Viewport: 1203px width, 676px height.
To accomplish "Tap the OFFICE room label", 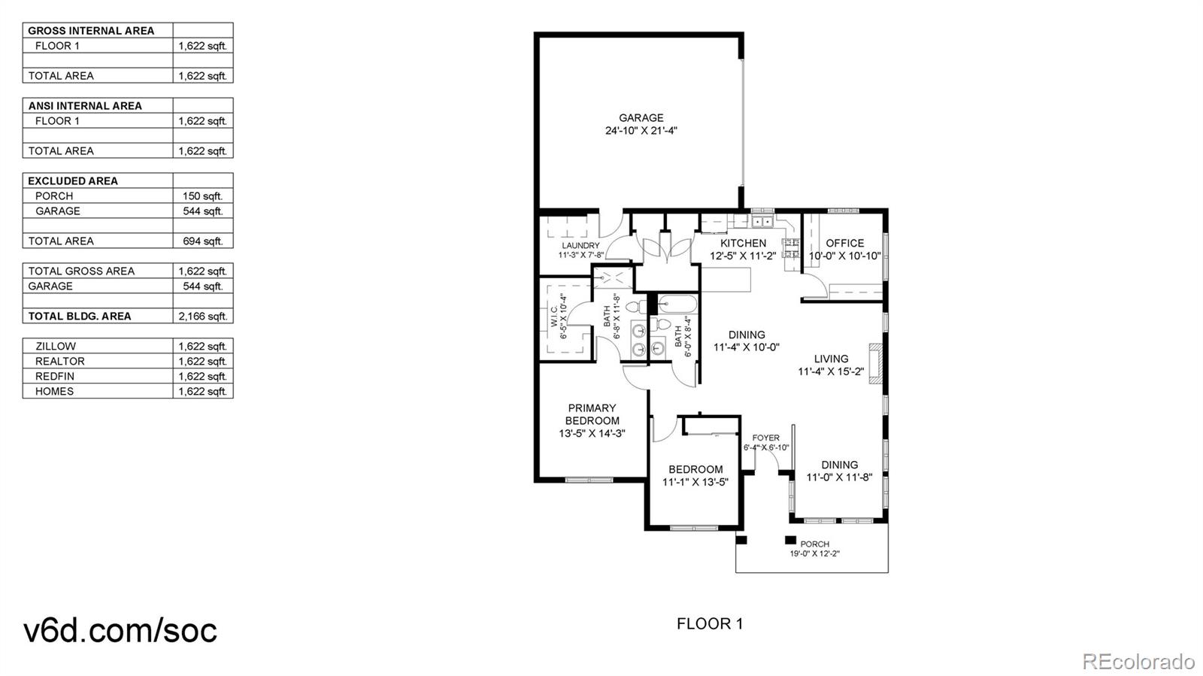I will tap(844, 243).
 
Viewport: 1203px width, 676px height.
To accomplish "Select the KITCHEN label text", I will tap(743, 243).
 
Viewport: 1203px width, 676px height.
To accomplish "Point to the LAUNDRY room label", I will tap(580, 246).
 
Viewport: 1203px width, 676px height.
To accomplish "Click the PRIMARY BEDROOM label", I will tap(592, 414).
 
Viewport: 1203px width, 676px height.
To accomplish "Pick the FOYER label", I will tap(765, 438).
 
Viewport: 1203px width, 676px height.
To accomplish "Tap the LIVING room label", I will tap(831, 359).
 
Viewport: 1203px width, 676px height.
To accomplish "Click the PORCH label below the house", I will tap(814, 544).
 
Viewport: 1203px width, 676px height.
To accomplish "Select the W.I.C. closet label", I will tap(554, 316).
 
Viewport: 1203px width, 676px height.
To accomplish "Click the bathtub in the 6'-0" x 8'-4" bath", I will tap(677, 304).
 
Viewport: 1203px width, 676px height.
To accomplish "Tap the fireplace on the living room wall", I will tap(875, 363).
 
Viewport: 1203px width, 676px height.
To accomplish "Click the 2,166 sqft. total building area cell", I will tap(202, 316).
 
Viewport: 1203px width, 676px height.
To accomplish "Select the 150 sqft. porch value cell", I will tap(202, 196).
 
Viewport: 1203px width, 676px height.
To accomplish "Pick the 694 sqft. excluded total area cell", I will tap(202, 241).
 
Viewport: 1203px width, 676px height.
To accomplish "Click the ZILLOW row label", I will tap(55, 346).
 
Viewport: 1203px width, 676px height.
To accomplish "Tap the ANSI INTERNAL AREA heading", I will tap(85, 105).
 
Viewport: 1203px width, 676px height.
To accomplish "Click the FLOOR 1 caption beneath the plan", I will tap(709, 623).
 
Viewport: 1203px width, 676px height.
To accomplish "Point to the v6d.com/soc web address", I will tap(120, 630).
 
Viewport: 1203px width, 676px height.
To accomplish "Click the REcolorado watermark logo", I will tap(1138, 662).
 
